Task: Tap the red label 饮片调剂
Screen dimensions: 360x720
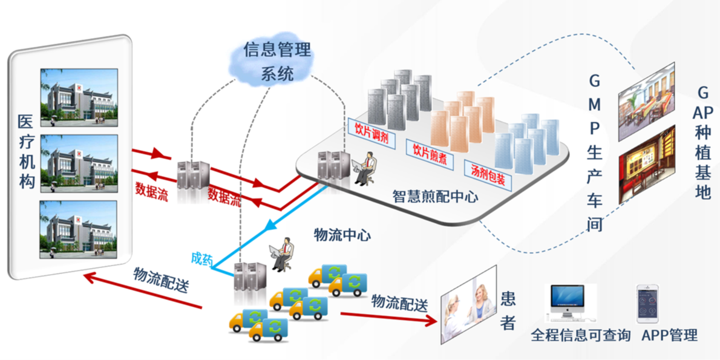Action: [371, 134]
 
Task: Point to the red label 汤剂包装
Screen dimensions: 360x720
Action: [488, 175]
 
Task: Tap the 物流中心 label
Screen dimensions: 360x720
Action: [342, 235]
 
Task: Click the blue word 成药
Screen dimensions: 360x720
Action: [202, 258]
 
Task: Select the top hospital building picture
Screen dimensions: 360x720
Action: [79, 97]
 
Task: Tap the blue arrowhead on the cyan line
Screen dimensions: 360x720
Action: [273, 225]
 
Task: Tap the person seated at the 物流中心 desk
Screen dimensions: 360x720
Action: [281, 254]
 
